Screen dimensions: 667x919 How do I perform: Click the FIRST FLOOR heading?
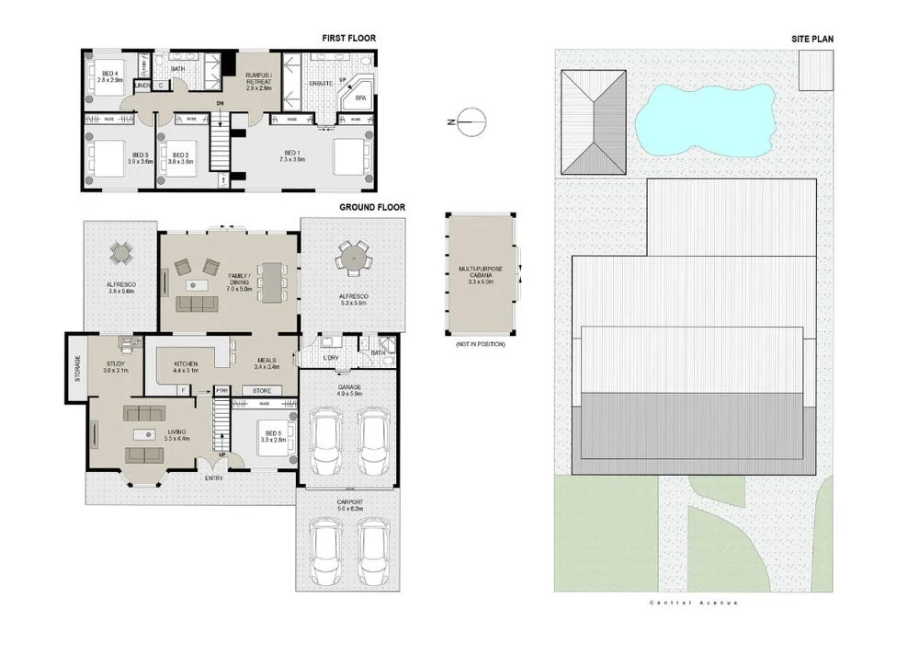point(348,39)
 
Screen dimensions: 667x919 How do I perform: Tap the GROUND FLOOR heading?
point(372,208)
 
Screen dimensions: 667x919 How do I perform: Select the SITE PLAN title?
point(811,39)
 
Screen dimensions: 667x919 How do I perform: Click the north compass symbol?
point(470,121)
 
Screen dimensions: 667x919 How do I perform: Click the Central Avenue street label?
point(693,603)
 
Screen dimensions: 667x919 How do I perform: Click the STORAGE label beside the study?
point(77,368)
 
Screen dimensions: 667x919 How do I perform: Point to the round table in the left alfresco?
point(121,251)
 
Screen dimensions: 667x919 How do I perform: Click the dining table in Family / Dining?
point(271,282)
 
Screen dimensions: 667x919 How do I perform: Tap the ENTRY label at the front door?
point(213,477)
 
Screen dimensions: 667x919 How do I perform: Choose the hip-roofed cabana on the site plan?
point(594,123)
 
